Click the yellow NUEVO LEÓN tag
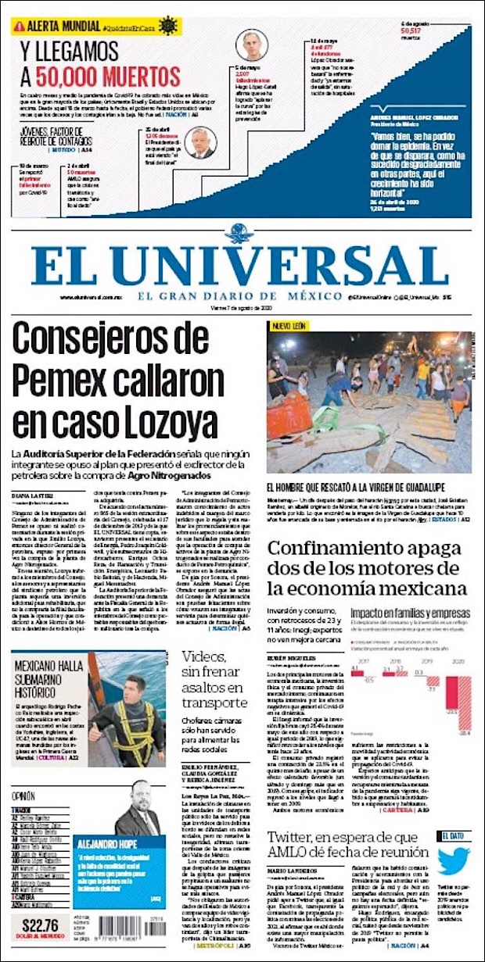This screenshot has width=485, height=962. pyautogui.click(x=289, y=326)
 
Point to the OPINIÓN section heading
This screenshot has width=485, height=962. pyautogui.click(x=23, y=796)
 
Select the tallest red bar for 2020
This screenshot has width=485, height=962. pyautogui.click(x=464, y=710)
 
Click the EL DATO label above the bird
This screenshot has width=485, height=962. pyautogui.click(x=454, y=835)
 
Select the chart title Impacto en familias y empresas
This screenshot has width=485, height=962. pyautogui.click(x=411, y=612)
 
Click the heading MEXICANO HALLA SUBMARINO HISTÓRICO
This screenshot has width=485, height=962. pyautogui.click(x=49, y=679)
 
